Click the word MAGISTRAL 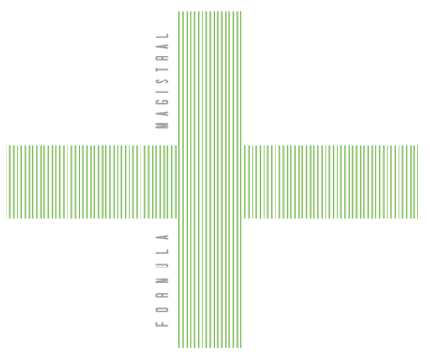point(163,81)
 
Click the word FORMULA point(163,280)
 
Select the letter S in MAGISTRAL point(163,81)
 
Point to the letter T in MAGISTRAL point(163,69)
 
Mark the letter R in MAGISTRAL point(163,57)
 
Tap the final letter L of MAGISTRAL point(163,35)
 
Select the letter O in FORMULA point(163,309)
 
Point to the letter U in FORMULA point(163,266)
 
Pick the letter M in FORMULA point(163,280)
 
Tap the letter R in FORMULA point(163,294)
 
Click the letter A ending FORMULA point(163,237)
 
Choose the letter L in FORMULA point(163,252)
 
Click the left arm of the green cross point(92,182)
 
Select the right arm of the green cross point(330,182)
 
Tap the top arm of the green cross point(210,79)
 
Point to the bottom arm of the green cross point(210,283)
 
